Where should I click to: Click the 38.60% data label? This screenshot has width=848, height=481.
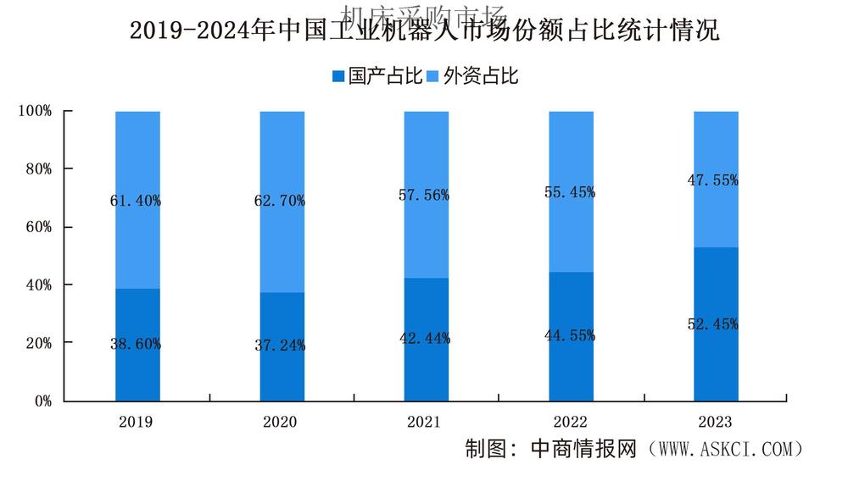[136, 345]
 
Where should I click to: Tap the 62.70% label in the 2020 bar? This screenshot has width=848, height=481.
[280, 202]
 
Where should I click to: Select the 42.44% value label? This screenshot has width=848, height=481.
[425, 339]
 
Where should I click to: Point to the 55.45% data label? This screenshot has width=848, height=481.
[569, 192]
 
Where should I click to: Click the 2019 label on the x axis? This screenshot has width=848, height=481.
[137, 422]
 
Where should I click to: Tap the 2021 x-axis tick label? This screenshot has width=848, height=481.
[425, 422]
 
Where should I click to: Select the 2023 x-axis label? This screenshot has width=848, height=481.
[714, 422]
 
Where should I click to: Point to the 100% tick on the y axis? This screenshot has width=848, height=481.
[36, 111]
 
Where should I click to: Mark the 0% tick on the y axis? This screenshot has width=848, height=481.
[42, 401]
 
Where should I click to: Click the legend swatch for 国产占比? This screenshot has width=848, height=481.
[338, 77]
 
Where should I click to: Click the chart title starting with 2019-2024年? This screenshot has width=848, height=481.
[424, 32]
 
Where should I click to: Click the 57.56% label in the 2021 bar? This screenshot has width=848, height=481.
[425, 196]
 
